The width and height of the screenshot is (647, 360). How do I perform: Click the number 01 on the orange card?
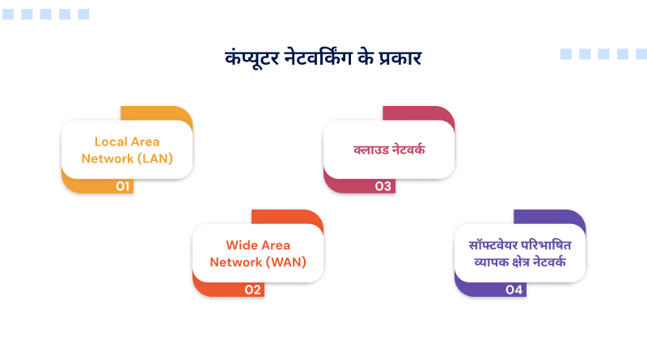tap(123, 186)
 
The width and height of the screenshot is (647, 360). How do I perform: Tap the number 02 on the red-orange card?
tap(253, 290)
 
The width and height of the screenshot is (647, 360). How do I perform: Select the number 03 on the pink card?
tap(383, 186)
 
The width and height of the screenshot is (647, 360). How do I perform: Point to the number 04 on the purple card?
tap(514, 290)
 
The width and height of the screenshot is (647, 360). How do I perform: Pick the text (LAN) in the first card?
tap(155, 158)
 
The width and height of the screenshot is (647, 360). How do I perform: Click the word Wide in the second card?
tap(241, 245)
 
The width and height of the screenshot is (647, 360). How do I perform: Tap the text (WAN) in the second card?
tap(285, 261)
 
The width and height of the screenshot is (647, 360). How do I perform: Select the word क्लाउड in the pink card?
tap(369, 150)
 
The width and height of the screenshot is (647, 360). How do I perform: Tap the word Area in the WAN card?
tap(275, 245)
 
